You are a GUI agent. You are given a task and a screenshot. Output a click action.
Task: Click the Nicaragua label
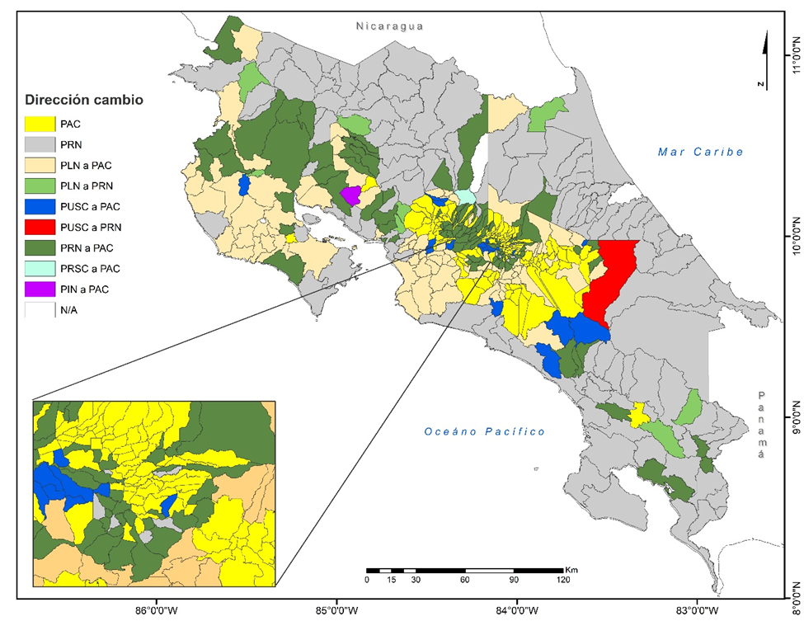(x=389, y=26)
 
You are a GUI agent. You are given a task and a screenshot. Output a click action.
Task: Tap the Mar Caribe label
(x=700, y=152)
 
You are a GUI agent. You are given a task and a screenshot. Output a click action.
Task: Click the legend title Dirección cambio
(x=84, y=100)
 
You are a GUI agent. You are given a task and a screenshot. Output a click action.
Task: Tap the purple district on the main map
(x=350, y=195)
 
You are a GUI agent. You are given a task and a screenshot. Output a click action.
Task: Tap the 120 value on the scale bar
(x=563, y=580)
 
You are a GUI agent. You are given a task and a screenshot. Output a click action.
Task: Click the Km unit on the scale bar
(x=571, y=569)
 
